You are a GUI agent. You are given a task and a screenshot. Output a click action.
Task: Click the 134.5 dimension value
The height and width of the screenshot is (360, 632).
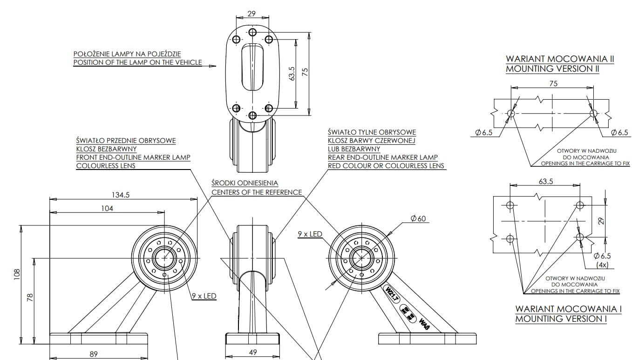pyautogui.click(x=121, y=195)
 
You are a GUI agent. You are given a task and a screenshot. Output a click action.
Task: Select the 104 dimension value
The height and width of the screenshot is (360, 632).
pyautogui.click(x=107, y=208)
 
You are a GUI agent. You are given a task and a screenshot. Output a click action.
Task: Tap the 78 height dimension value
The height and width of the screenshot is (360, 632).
pyautogui.click(x=30, y=297)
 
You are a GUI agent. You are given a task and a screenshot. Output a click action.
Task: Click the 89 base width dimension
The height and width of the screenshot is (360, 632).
pyautogui.click(x=94, y=354)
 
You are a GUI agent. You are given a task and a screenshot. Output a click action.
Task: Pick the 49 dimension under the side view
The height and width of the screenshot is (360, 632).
pyautogui.click(x=253, y=353)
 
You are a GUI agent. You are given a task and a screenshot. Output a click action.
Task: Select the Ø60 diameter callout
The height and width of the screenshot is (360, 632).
pyautogui.click(x=418, y=218)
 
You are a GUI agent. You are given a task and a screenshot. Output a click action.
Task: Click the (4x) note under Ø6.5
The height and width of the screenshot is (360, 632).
pyautogui.click(x=602, y=265)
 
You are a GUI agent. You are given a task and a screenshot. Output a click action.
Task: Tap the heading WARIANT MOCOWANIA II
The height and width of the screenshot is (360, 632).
pyautogui.click(x=560, y=59)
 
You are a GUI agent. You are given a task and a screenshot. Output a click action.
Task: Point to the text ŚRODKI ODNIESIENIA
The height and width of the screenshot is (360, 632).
pyautogui.click(x=245, y=183)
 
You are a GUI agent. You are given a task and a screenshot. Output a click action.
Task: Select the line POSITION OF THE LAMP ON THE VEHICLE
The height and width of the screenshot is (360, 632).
pyautogui.click(x=138, y=62)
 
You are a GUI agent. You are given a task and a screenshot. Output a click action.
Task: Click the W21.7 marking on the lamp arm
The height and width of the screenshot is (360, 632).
pyautogui.click(x=391, y=294)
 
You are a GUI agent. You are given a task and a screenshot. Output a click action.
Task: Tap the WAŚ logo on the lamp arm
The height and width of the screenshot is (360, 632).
pyautogui.click(x=424, y=324)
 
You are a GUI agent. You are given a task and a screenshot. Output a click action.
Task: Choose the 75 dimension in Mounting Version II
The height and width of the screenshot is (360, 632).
pyautogui.click(x=553, y=84)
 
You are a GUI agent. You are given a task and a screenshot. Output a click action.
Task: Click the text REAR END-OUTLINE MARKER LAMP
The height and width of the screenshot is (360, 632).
pyautogui.click(x=383, y=157)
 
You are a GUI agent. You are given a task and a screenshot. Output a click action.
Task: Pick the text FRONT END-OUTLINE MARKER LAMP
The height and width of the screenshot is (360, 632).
pyautogui.click(x=133, y=157)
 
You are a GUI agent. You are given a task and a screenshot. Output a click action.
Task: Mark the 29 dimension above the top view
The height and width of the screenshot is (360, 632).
pyautogui.click(x=251, y=14)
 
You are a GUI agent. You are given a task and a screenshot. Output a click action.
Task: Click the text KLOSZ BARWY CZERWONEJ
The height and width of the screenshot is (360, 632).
pyautogui.click(x=371, y=141)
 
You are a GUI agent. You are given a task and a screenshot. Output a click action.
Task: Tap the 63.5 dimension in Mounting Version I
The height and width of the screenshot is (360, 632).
pyautogui.click(x=545, y=181)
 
